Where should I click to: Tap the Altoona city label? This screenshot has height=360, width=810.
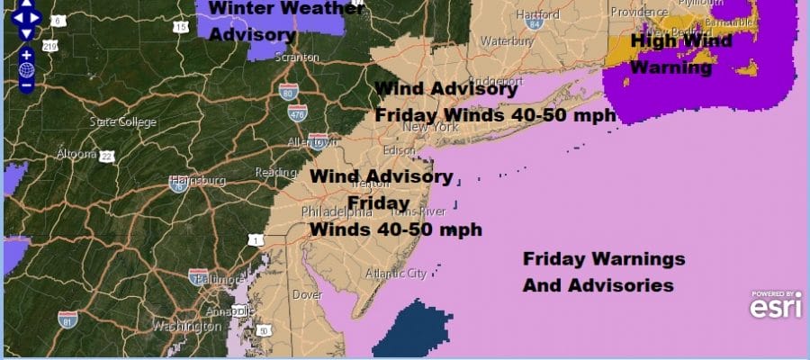pos(75,154)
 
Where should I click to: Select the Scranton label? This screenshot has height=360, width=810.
pos(300,58)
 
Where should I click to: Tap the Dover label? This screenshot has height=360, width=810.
pos(308,294)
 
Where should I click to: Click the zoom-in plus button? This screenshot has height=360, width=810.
pos(26,55)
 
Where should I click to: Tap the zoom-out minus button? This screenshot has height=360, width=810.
pos(26,85)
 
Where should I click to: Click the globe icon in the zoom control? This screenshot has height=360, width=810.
pos(26,70)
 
